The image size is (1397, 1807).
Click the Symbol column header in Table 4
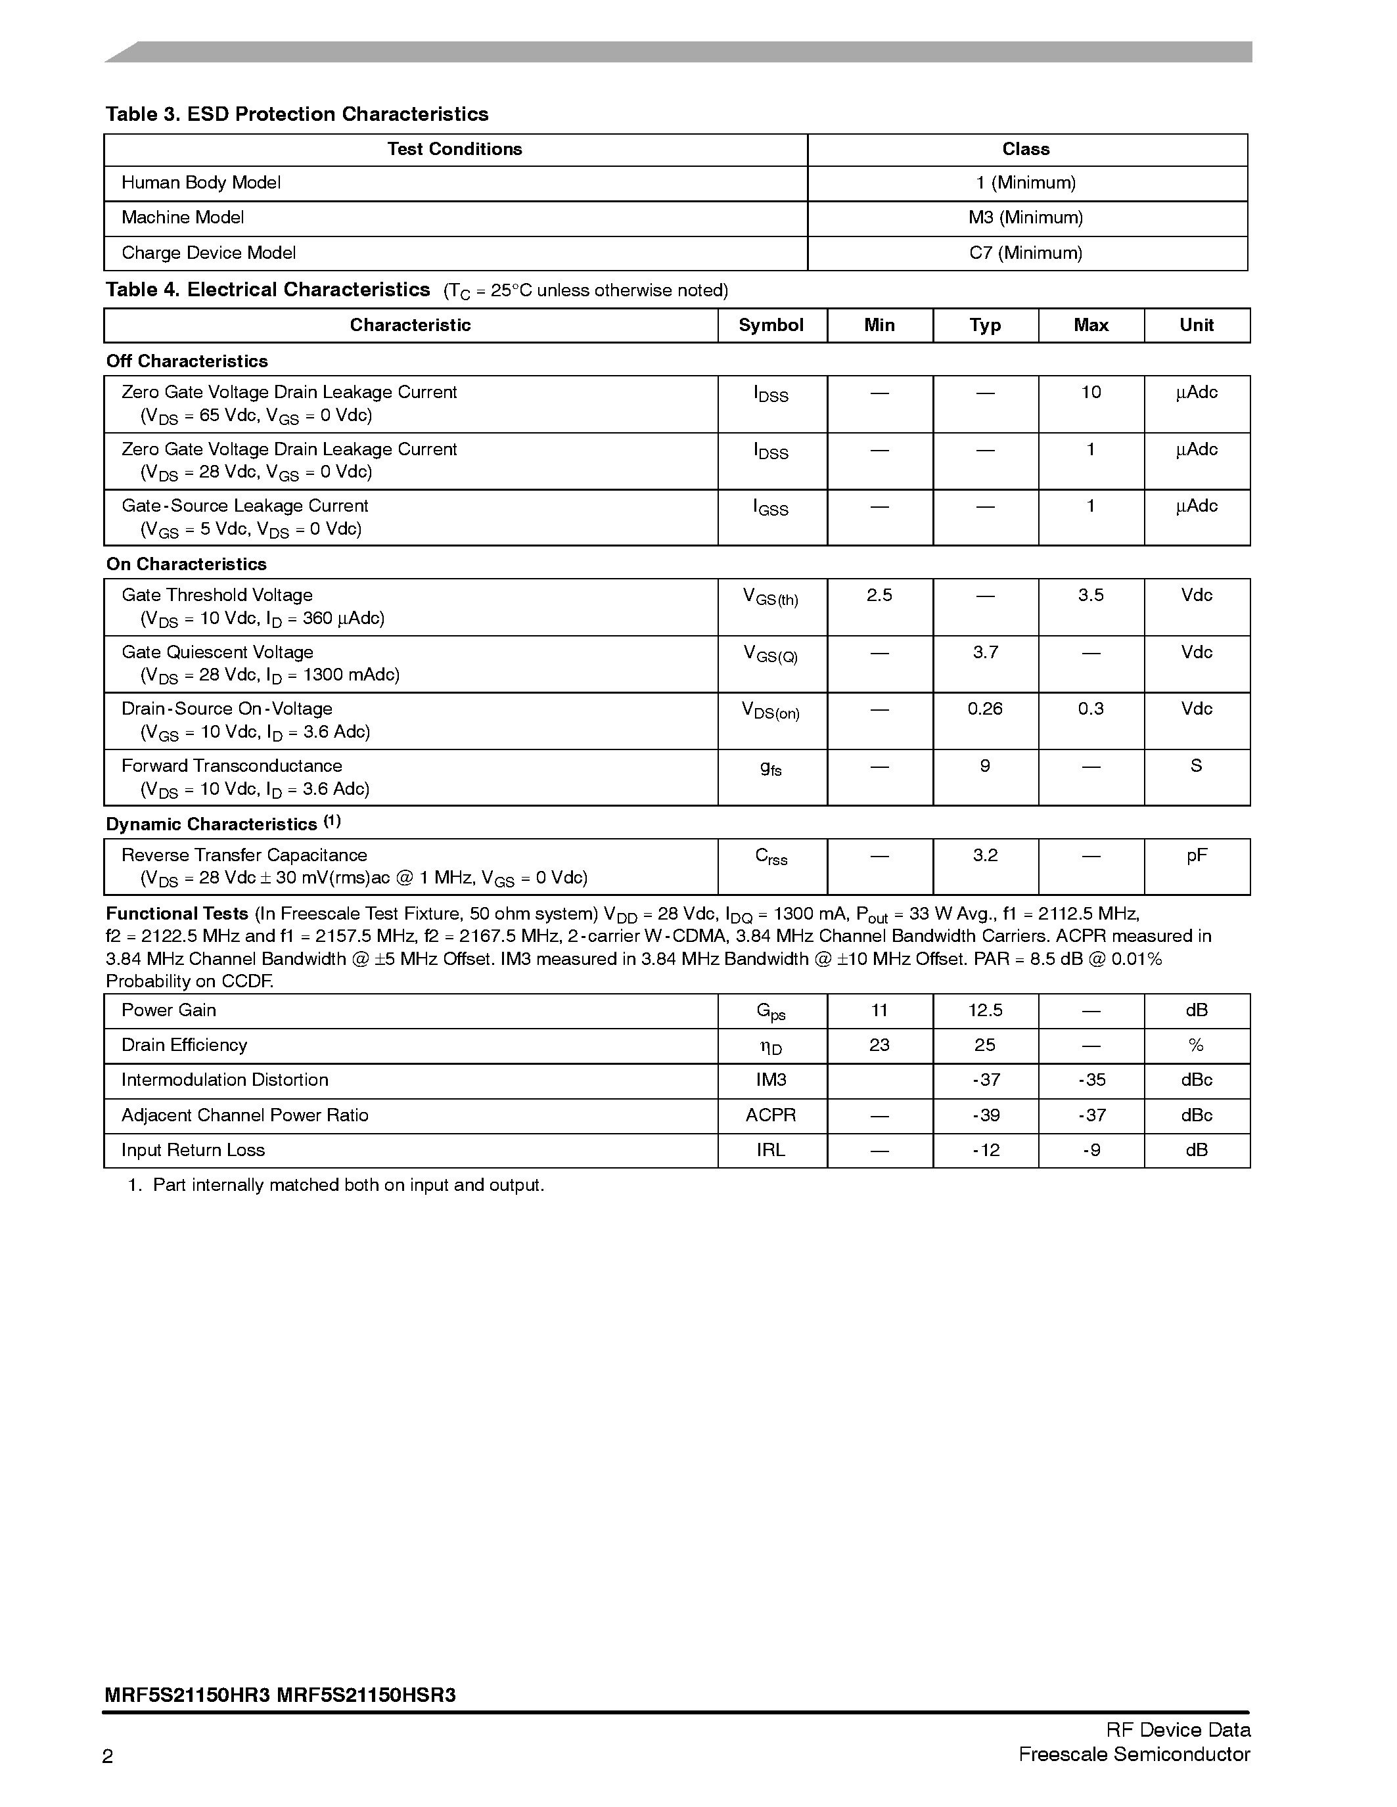pos(771,325)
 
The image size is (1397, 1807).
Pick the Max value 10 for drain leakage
pos(1090,392)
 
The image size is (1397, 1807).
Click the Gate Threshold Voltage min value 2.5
pos(879,595)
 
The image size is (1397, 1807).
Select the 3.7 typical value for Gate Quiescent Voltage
pos(985,652)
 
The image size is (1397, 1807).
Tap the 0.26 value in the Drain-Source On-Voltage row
pos(985,709)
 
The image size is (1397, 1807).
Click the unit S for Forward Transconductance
pos(1196,766)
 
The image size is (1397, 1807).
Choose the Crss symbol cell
pos(771,857)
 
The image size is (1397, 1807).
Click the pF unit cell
pos(1196,855)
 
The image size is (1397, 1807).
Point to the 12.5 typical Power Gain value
pos(985,1010)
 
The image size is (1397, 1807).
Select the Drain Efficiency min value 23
pos(879,1045)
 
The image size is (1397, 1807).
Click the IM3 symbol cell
pos(771,1080)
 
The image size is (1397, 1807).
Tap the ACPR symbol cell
pos(771,1115)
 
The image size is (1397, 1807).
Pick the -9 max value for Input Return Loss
pos(1090,1150)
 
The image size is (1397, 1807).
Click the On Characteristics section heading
pos(186,564)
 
